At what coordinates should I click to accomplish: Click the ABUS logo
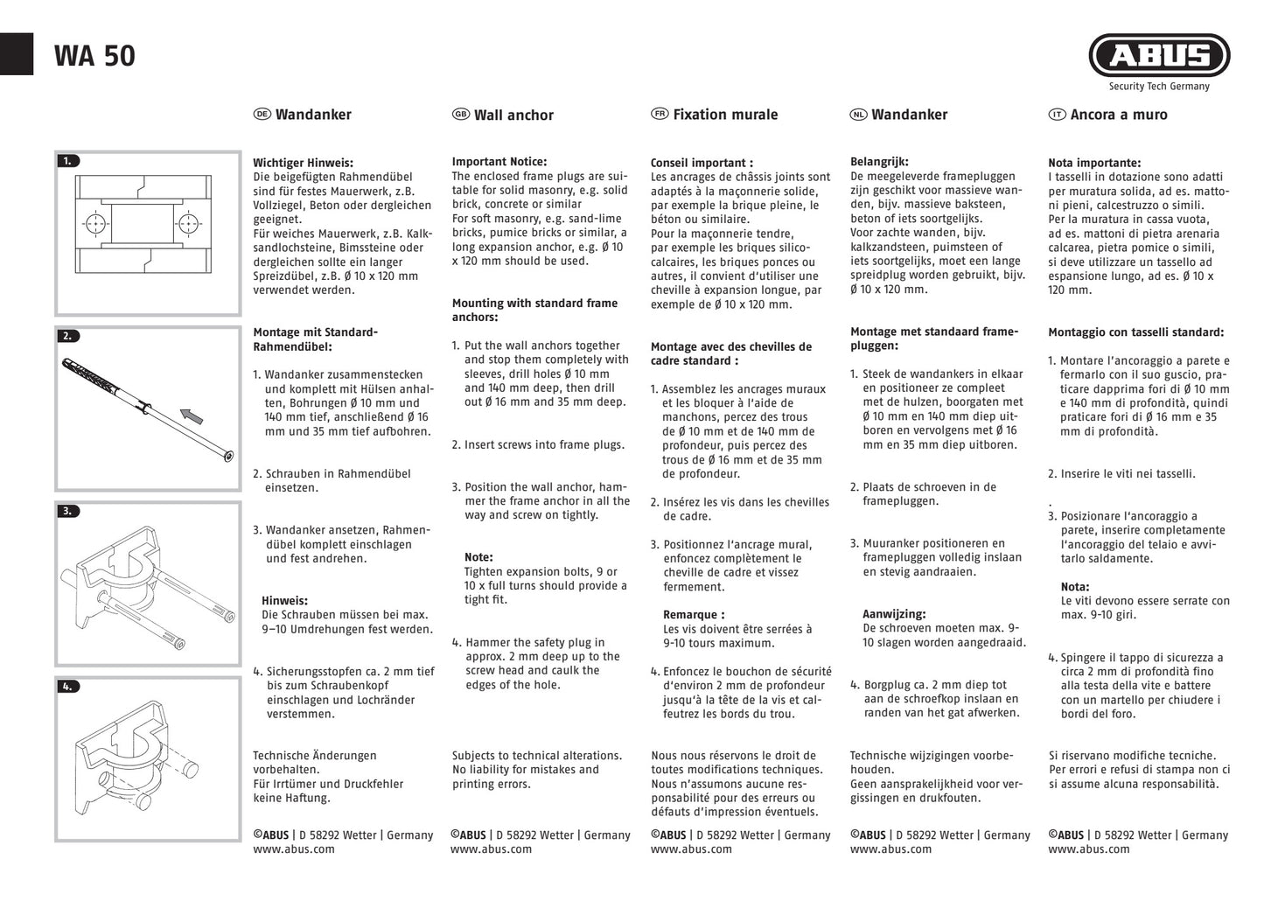(1159, 56)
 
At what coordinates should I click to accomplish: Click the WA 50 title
(94, 56)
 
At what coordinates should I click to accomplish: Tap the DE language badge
(262, 115)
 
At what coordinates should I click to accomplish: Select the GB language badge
(460, 115)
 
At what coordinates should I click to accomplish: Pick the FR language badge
(660, 115)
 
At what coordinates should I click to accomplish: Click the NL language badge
(858, 115)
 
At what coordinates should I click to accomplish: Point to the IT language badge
(1057, 115)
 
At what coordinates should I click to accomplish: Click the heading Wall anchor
(513, 115)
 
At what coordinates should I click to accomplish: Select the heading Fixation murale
(725, 115)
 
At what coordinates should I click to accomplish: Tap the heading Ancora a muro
(1119, 115)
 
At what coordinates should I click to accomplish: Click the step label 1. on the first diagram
(67, 161)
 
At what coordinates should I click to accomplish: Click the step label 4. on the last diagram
(67, 687)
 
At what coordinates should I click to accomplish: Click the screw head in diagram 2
(228, 456)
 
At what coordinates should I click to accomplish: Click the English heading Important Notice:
(499, 162)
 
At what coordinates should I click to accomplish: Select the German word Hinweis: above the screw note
(284, 601)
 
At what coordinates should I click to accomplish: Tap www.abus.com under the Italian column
(1089, 849)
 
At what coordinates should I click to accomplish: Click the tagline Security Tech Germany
(1159, 87)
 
